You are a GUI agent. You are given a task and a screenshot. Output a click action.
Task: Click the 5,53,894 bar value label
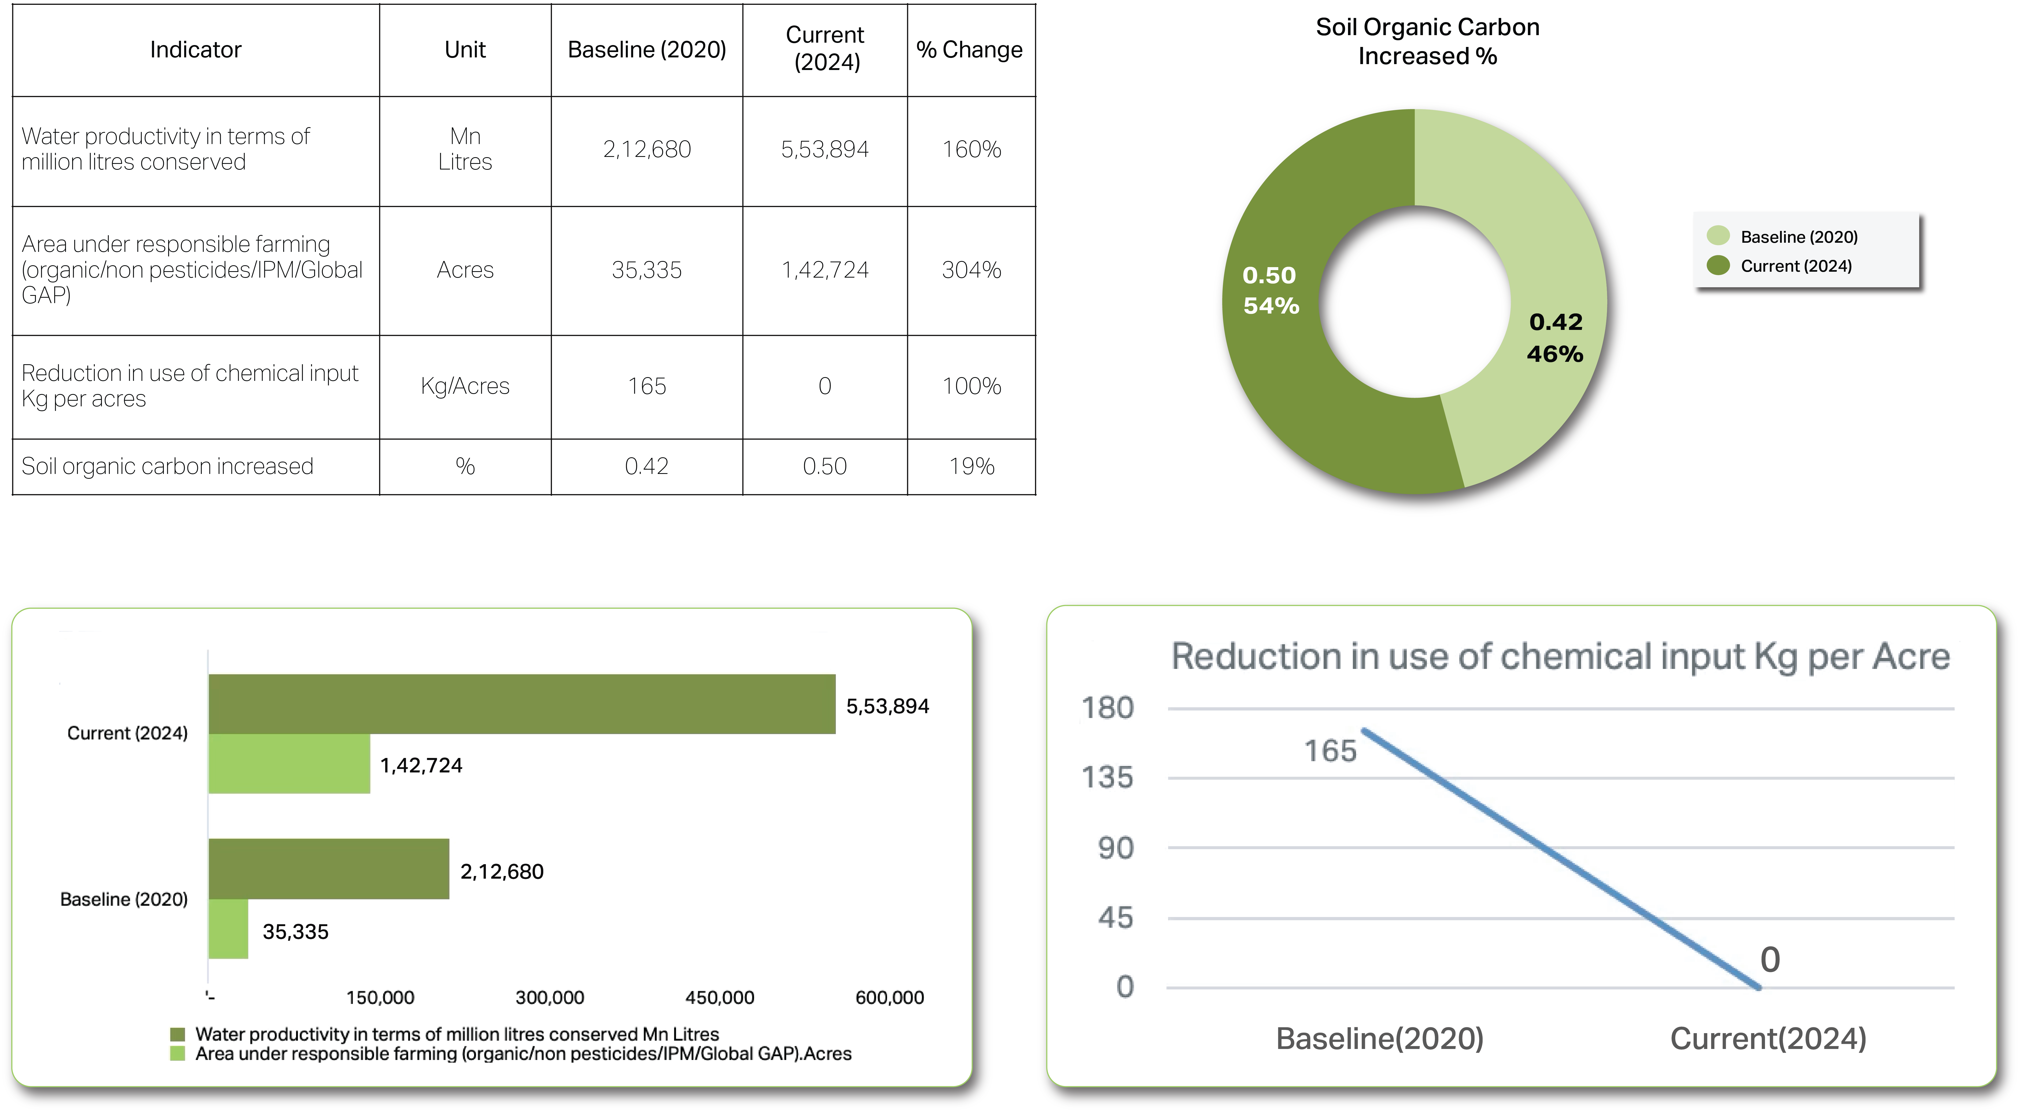887,706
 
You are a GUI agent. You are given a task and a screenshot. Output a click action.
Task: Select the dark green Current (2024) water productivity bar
522,704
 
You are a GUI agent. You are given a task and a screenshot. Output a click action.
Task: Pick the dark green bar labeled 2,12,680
328,868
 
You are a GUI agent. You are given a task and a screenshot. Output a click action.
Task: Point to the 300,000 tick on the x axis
550,997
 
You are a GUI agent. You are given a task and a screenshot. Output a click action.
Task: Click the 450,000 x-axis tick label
719,997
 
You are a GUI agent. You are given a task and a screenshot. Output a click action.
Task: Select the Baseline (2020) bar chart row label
124,899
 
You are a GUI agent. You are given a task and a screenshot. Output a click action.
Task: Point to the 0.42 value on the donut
1556,322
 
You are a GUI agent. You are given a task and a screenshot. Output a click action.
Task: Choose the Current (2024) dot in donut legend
1718,265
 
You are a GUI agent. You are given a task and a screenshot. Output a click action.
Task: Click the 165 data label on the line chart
1330,750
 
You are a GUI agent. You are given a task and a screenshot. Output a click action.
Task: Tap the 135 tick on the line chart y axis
1107,777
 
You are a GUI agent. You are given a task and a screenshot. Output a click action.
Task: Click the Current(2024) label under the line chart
1767,1038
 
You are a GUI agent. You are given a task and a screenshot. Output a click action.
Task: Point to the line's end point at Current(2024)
1759,987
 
